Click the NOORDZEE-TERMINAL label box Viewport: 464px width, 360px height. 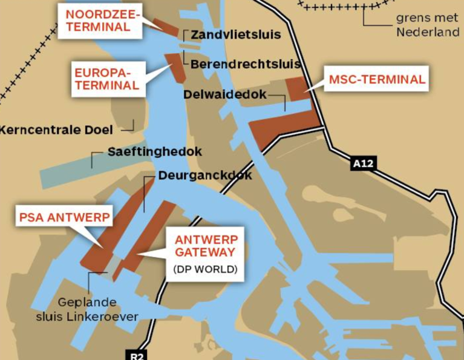[99, 21]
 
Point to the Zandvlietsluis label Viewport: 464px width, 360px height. [236, 35]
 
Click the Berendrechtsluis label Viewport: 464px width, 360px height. [246, 64]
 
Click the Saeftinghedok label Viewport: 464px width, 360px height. [155, 152]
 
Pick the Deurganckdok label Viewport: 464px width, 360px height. [205, 175]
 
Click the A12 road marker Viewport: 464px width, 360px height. [362, 163]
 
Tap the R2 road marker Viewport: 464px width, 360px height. [138, 355]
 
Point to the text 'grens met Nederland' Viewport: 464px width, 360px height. [428, 25]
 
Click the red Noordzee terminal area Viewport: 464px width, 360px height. [165, 26]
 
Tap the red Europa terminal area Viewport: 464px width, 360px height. [177, 67]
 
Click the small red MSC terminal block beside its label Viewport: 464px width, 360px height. [297, 88]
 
